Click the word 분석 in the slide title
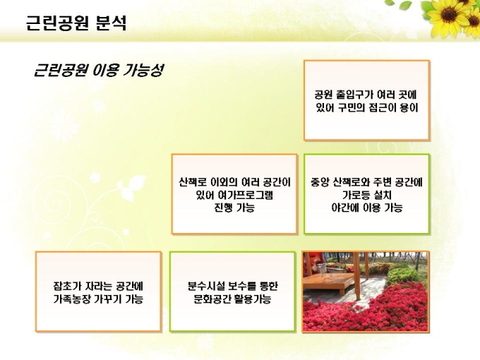pyautogui.click(x=111, y=23)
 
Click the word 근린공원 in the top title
pyautogui.click(x=57, y=23)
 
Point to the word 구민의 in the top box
pyautogui.click(x=352, y=108)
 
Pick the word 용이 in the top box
pyautogui.click(x=409, y=108)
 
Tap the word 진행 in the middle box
pyautogui.click(x=222, y=208)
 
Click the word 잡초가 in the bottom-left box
pyautogui.click(x=67, y=286)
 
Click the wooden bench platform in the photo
pyautogui.click(x=328, y=282)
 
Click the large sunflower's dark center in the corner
pyautogui.click(x=448, y=14)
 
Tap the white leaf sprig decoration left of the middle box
pyautogui.click(x=131, y=187)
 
